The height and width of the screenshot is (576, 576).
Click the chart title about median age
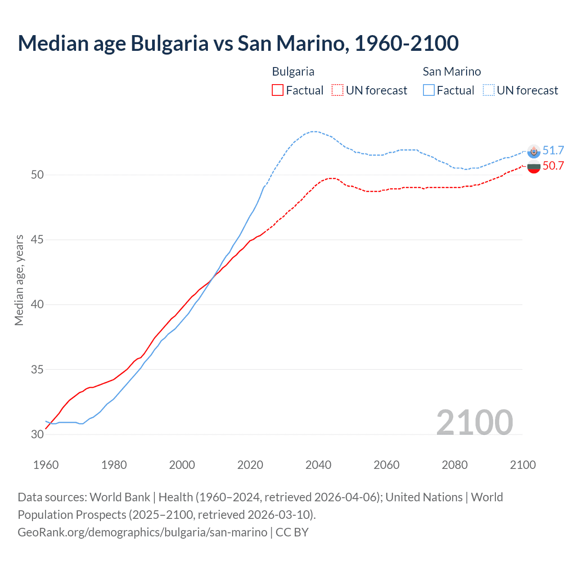point(238,44)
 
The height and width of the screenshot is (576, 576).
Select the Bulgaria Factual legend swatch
point(278,90)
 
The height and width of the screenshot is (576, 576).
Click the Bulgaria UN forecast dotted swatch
point(337,90)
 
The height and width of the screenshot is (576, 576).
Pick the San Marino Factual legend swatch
point(429,90)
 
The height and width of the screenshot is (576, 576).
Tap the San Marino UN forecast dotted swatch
point(489,90)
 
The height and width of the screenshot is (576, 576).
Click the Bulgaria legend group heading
point(293,72)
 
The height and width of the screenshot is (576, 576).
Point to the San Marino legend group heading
point(451,72)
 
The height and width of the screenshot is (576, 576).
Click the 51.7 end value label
point(553,150)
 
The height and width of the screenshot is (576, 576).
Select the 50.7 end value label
point(553,166)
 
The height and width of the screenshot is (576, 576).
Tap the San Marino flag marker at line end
point(534,152)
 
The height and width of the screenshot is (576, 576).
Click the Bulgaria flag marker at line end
point(534,167)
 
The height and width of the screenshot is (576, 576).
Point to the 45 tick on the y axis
point(37,239)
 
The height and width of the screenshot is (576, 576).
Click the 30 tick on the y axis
point(37,434)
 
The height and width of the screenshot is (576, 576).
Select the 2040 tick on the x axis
point(318,465)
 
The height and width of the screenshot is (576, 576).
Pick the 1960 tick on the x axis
point(46,465)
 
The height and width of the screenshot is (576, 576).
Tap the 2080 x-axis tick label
point(454,465)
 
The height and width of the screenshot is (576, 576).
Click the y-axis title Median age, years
point(19,280)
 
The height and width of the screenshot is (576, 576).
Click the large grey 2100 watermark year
point(474,422)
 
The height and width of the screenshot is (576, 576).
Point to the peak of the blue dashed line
point(314,131)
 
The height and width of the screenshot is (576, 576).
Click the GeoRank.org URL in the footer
point(142,532)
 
